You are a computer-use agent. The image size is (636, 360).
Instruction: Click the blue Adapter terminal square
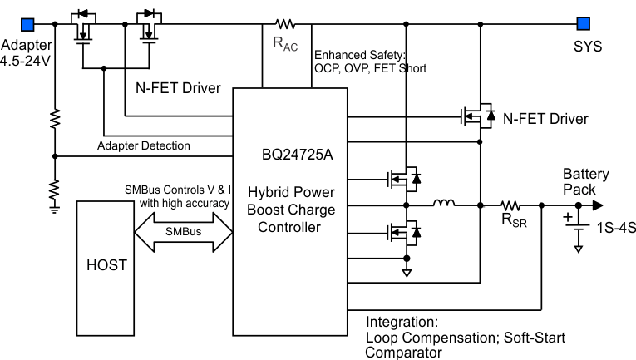pyautogui.click(x=28, y=23)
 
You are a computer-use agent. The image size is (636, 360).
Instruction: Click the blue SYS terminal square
pyautogui.click(x=584, y=23)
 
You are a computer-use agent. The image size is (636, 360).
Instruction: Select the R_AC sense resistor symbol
pyautogui.click(x=286, y=23)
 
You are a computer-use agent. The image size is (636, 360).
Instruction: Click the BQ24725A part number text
pyautogui.click(x=298, y=154)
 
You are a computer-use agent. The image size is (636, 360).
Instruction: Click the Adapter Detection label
pyautogui.click(x=143, y=145)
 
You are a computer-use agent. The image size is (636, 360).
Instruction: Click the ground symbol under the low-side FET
pyautogui.click(x=407, y=272)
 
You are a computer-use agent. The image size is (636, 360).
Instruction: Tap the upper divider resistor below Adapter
pyautogui.click(x=55, y=118)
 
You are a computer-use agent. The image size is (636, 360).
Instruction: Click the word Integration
pyautogui.click(x=401, y=321)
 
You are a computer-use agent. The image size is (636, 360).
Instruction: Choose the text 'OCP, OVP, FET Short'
pyautogui.click(x=370, y=68)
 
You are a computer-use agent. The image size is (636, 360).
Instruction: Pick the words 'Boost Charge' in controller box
pyautogui.click(x=292, y=209)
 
